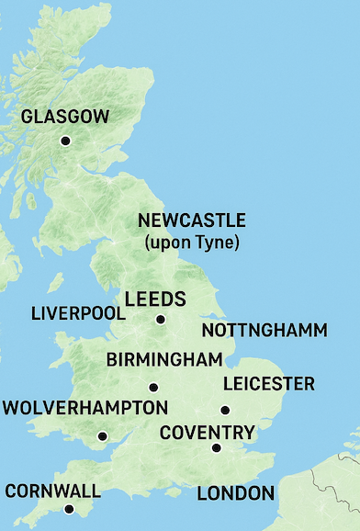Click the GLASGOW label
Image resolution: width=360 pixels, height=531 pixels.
(x=65, y=117)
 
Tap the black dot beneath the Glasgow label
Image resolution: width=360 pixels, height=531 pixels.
(x=65, y=141)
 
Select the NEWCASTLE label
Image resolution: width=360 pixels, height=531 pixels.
(x=192, y=220)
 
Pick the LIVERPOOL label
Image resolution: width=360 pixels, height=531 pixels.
(x=78, y=313)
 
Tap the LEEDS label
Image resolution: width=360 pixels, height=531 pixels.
(x=155, y=299)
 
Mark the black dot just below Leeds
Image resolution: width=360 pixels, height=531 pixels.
(x=161, y=320)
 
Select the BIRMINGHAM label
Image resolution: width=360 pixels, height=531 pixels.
(x=164, y=359)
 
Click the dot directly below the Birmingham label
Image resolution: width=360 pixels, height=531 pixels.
(x=153, y=387)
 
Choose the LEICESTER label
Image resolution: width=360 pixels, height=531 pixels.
(x=268, y=384)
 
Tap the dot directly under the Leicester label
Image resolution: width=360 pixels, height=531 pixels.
(x=224, y=411)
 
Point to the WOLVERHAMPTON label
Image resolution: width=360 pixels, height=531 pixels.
(x=84, y=407)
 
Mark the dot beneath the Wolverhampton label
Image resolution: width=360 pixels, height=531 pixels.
(x=102, y=436)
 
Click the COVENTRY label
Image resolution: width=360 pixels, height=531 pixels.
(x=207, y=432)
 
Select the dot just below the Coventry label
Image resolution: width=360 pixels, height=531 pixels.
(x=216, y=448)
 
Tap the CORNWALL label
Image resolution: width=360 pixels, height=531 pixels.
(x=52, y=490)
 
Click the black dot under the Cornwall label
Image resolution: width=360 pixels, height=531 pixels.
(x=68, y=509)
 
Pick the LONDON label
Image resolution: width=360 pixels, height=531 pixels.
(x=236, y=493)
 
